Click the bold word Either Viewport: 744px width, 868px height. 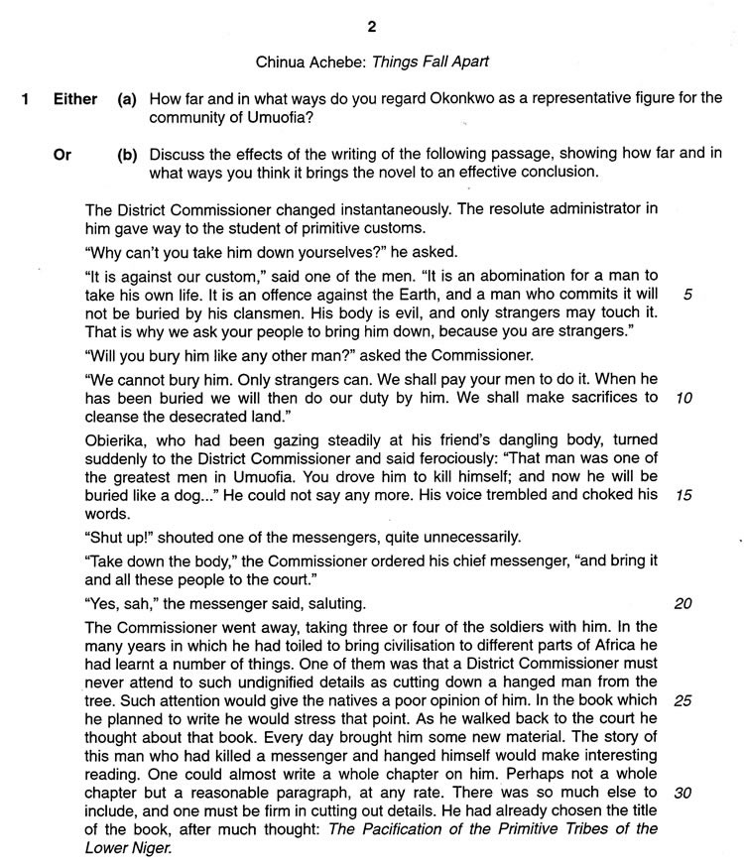coord(75,99)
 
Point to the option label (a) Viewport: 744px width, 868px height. coord(127,99)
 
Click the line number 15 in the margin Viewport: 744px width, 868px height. coord(682,494)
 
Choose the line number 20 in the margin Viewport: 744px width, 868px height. coord(682,603)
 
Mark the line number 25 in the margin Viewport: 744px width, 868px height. coord(682,699)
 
